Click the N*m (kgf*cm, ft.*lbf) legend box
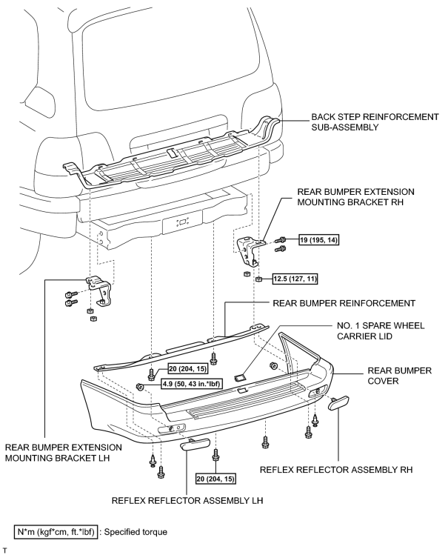[x=56, y=532]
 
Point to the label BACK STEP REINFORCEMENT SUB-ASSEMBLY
[x=375, y=122]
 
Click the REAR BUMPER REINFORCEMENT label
[x=344, y=303]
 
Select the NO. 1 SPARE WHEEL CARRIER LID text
[x=381, y=330]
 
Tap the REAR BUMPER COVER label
[x=400, y=376]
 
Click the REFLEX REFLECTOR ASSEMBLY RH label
[x=336, y=470]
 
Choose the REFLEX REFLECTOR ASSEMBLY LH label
[x=187, y=500]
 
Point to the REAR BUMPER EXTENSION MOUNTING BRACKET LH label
[x=63, y=452]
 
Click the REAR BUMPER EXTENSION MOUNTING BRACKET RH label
[x=355, y=197]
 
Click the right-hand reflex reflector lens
[x=338, y=403]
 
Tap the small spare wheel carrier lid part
[x=241, y=378]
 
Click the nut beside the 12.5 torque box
[x=258, y=279]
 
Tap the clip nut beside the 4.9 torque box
[x=140, y=386]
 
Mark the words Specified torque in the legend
[x=136, y=532]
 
